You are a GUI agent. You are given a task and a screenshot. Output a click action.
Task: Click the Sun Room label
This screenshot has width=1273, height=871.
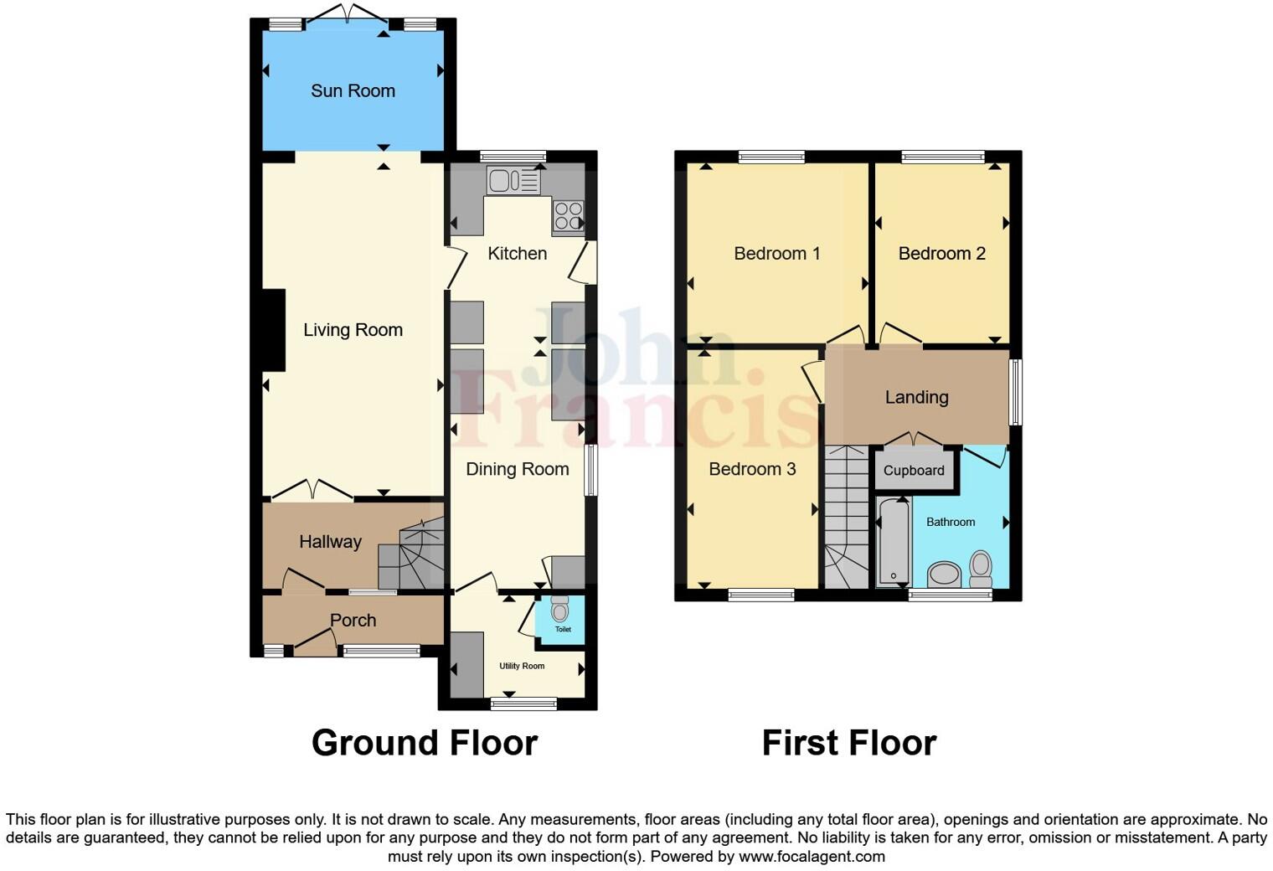[353, 90]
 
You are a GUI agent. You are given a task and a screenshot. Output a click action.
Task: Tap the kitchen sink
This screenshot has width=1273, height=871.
[513, 180]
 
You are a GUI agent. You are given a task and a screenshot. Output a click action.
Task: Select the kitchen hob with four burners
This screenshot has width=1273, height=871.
[568, 215]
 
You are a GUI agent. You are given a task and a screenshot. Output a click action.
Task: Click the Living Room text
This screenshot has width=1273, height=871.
[353, 330]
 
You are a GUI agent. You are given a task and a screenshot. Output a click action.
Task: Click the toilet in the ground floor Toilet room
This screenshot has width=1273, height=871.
[559, 608]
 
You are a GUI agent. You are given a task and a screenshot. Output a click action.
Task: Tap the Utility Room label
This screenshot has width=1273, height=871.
[522, 666]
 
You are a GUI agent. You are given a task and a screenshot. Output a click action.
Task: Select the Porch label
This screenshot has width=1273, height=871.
[353, 621]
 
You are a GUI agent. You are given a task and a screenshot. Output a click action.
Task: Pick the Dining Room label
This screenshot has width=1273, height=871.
[517, 469]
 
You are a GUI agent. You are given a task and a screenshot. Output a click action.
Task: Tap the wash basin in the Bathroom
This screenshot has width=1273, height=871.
[945, 575]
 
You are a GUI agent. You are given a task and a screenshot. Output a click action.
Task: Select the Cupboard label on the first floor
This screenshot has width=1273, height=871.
[914, 471]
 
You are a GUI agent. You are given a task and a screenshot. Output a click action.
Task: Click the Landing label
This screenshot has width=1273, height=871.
[916, 398]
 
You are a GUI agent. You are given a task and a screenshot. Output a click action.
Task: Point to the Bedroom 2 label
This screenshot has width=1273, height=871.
[941, 254]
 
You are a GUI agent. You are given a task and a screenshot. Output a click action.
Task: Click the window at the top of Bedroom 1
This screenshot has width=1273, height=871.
[771, 157]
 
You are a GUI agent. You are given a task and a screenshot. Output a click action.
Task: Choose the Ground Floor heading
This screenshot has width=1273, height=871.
[424, 743]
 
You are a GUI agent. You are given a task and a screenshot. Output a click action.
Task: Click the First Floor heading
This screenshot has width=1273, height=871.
[848, 743]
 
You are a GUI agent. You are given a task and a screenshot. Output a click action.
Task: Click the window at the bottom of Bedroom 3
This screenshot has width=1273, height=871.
[760, 595]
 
